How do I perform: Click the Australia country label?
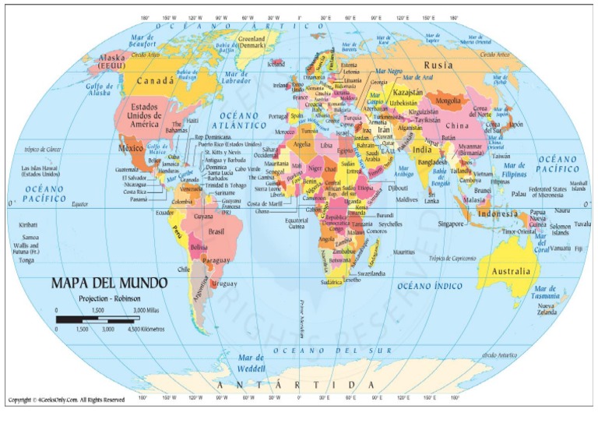point(510,272)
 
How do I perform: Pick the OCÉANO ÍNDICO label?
point(431,286)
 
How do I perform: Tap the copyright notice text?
point(66,400)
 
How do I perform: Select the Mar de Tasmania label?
point(545,292)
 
